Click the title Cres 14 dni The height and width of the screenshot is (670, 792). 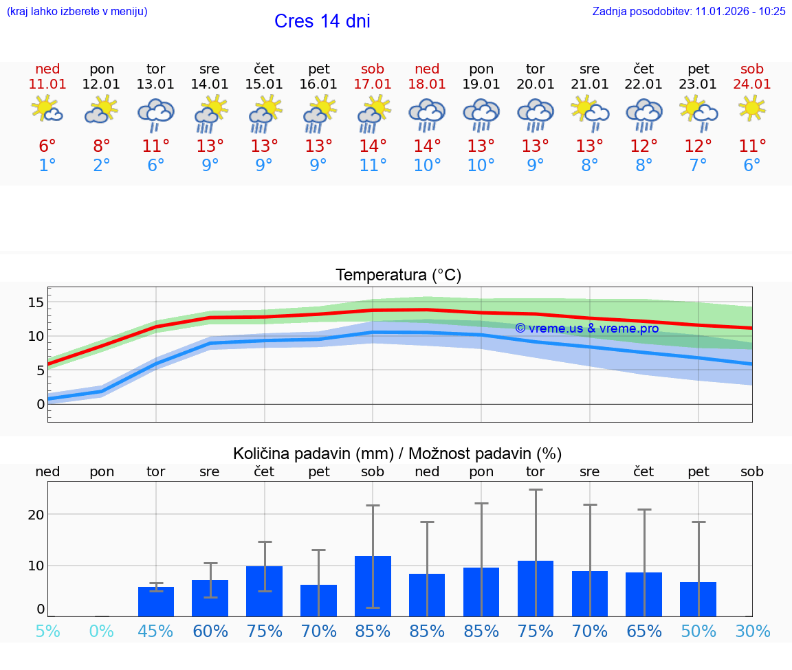[x=322, y=21]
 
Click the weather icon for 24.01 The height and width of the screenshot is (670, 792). [x=752, y=108]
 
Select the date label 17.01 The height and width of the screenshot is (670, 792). [x=373, y=84]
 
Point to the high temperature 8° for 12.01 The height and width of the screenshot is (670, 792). [x=102, y=146]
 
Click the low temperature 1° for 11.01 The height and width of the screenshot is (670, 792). [x=47, y=166]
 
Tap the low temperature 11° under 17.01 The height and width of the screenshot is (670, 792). [x=373, y=166]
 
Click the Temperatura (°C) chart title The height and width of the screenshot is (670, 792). [x=398, y=276]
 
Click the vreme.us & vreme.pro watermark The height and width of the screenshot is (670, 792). [x=586, y=328]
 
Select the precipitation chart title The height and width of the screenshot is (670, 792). [x=397, y=454]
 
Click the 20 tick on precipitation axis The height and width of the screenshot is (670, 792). [x=36, y=515]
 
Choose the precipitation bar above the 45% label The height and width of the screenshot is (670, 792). [x=156, y=601]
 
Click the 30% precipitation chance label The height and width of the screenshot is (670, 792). [x=752, y=631]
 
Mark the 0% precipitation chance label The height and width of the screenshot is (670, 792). [x=102, y=631]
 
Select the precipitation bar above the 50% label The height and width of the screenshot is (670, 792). [x=698, y=599]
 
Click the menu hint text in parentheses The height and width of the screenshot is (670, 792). [x=77, y=11]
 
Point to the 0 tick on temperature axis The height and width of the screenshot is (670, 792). [x=40, y=404]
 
